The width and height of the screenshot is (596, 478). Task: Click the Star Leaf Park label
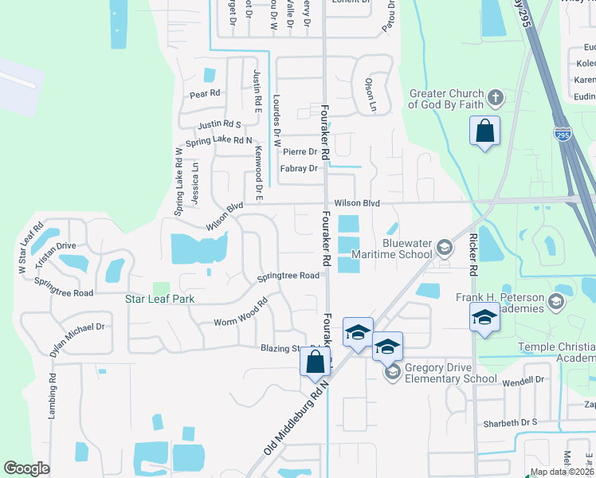coord(160,299)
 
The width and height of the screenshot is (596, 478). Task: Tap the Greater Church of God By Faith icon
coord(495,98)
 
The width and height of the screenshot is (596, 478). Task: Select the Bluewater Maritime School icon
coord(445,249)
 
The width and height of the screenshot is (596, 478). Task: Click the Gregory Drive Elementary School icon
coord(391,372)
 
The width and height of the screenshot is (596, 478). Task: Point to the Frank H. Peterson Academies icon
coord(556,301)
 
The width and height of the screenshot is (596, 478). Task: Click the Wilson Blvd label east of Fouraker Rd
coord(357,203)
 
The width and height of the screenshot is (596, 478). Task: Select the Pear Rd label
coord(204,94)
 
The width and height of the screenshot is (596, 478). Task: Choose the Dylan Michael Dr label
coord(78,327)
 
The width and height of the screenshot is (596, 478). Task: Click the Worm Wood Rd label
coord(239,315)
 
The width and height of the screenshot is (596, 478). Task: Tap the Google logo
coord(26,468)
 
